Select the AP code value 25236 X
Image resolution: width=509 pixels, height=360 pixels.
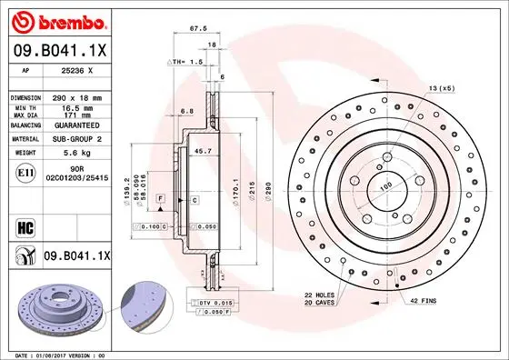pos(73,70)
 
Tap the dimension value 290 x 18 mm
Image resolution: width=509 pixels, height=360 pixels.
pos(76,96)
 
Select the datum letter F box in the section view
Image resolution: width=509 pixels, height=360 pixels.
pos(160,197)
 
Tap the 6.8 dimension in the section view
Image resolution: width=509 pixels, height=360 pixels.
pos(186,111)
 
